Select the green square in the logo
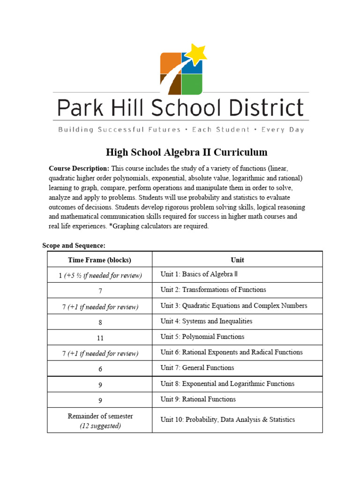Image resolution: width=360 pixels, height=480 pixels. pos(192,84)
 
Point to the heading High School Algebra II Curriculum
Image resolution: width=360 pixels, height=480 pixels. pos(187,152)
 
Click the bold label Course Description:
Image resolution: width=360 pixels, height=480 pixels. pos(79,168)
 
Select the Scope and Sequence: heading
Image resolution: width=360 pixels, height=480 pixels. pos(74,245)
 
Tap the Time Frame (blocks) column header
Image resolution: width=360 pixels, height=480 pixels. pos(99,260)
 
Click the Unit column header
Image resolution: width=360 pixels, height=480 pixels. pos(237,260)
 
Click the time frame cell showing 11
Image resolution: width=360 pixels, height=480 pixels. pos(100,337)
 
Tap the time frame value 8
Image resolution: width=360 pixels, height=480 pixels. pos(100,322)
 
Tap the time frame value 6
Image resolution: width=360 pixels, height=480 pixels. pos(100,369)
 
